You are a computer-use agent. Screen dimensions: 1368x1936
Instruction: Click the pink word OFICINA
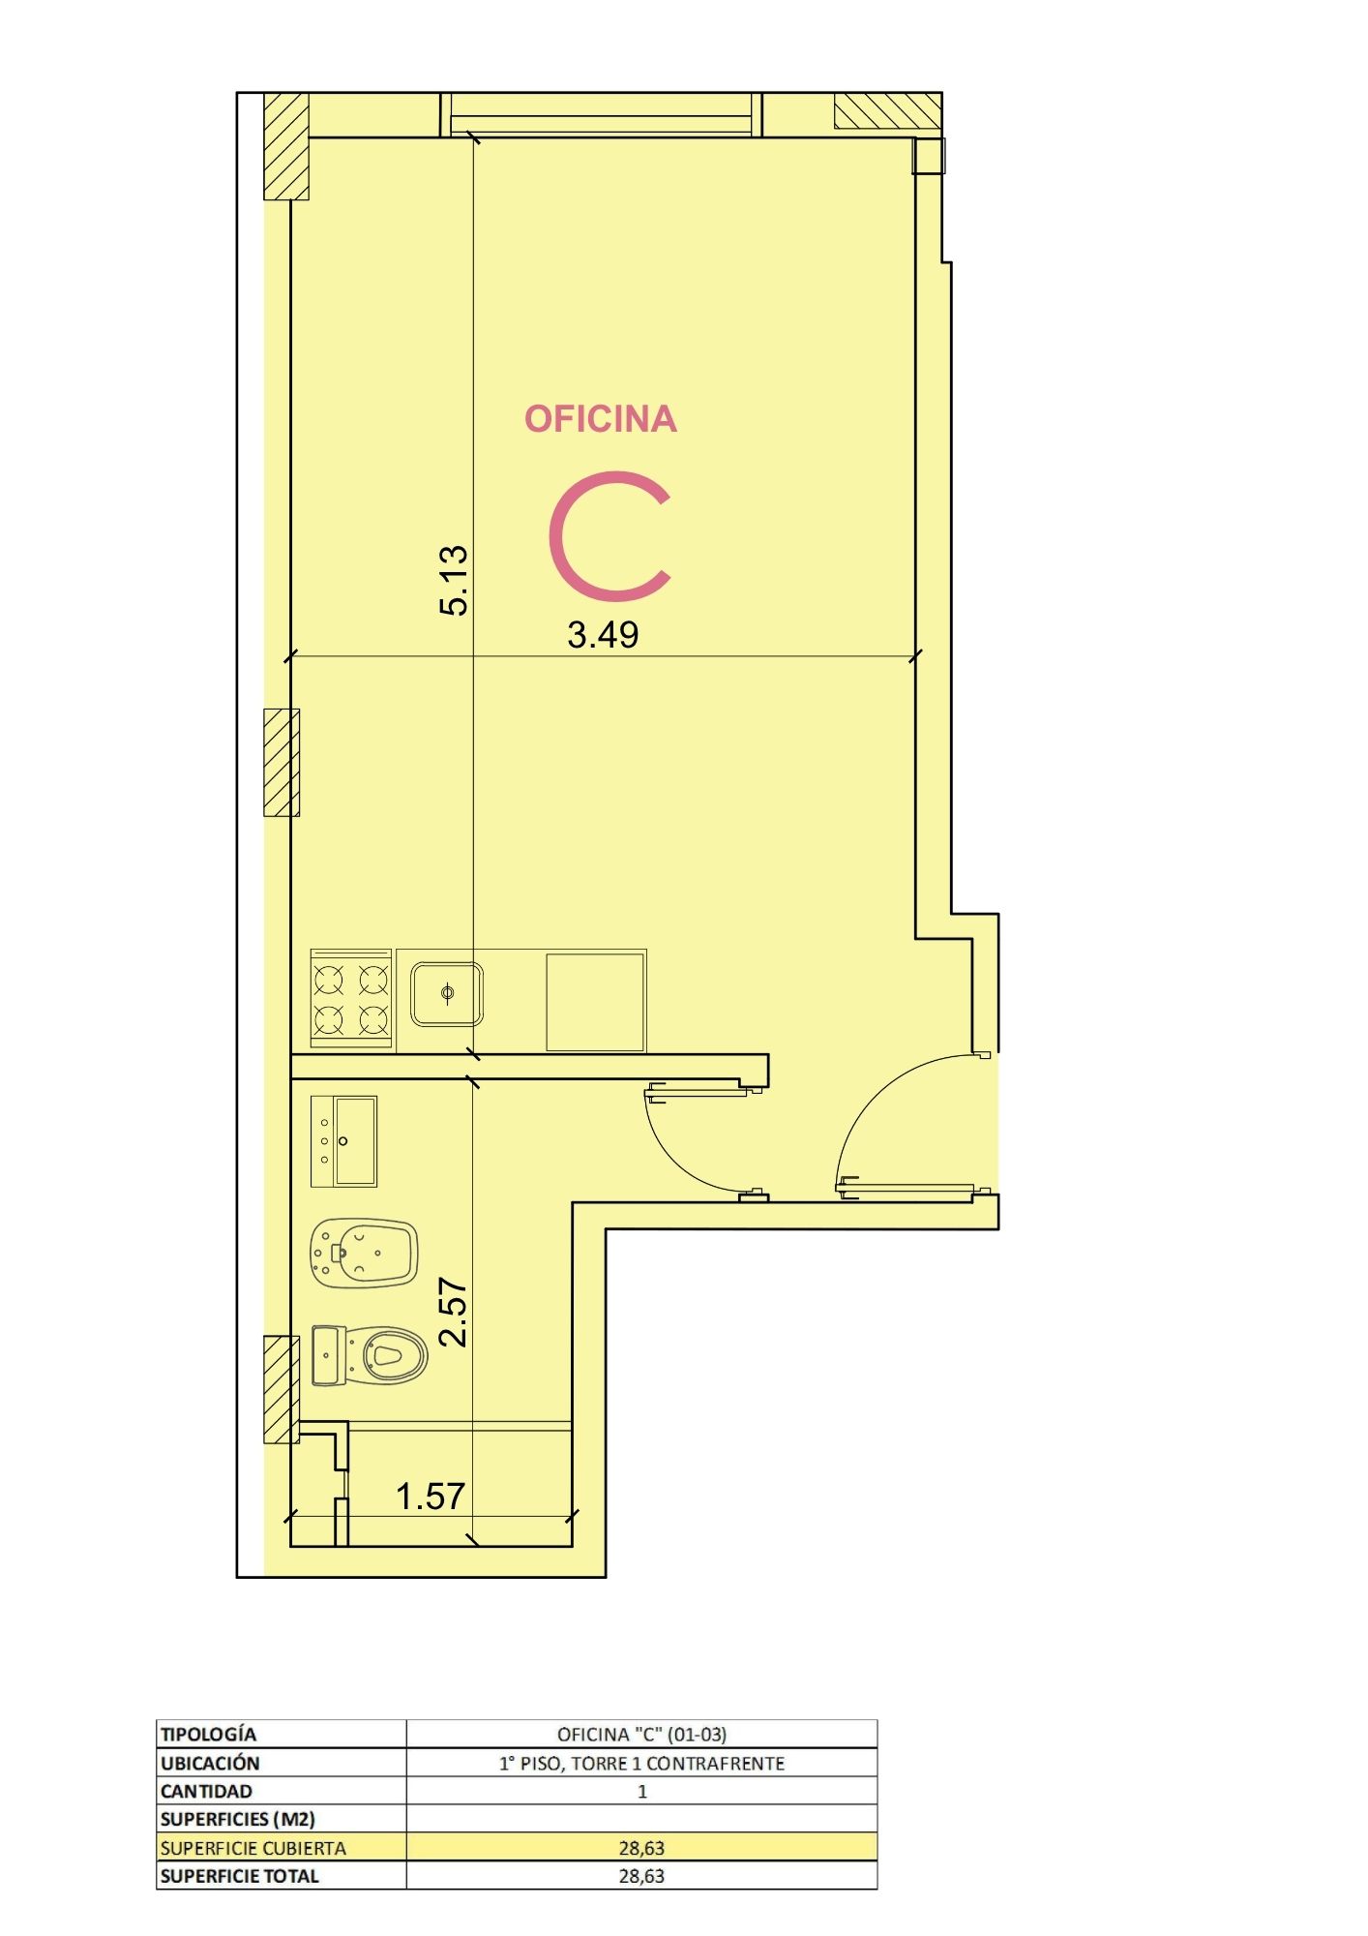pyautogui.click(x=600, y=418)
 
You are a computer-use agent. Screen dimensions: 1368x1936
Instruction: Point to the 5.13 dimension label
pyautogui.click(x=454, y=580)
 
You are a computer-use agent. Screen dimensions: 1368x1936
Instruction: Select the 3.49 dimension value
pyautogui.click(x=603, y=635)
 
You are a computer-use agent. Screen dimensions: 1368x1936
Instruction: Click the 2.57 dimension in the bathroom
pyautogui.click(x=454, y=1312)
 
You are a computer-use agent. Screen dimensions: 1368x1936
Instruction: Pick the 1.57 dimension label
pyautogui.click(x=431, y=1497)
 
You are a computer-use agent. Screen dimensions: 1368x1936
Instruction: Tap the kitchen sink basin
pyautogui.click(x=447, y=994)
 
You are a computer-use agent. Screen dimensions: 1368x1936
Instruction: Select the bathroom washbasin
pyautogui.click(x=343, y=1141)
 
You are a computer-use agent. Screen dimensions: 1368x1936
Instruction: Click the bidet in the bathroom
pyautogui.click(x=364, y=1253)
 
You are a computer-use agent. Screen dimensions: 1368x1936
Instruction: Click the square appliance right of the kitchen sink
pyautogui.click(x=595, y=1002)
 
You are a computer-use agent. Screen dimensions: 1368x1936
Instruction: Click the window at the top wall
pyautogui.click(x=601, y=114)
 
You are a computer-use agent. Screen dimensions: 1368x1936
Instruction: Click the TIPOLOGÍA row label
pyautogui.click(x=208, y=1734)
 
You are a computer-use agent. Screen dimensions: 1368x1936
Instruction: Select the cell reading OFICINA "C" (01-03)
pyautogui.click(x=641, y=1734)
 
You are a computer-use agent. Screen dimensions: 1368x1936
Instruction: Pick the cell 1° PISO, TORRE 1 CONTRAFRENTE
pyautogui.click(x=641, y=1763)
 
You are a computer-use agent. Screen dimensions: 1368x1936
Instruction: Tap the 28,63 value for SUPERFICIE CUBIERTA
pyautogui.click(x=641, y=1848)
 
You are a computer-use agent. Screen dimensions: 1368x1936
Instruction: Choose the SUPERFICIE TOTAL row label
pyautogui.click(x=239, y=1876)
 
